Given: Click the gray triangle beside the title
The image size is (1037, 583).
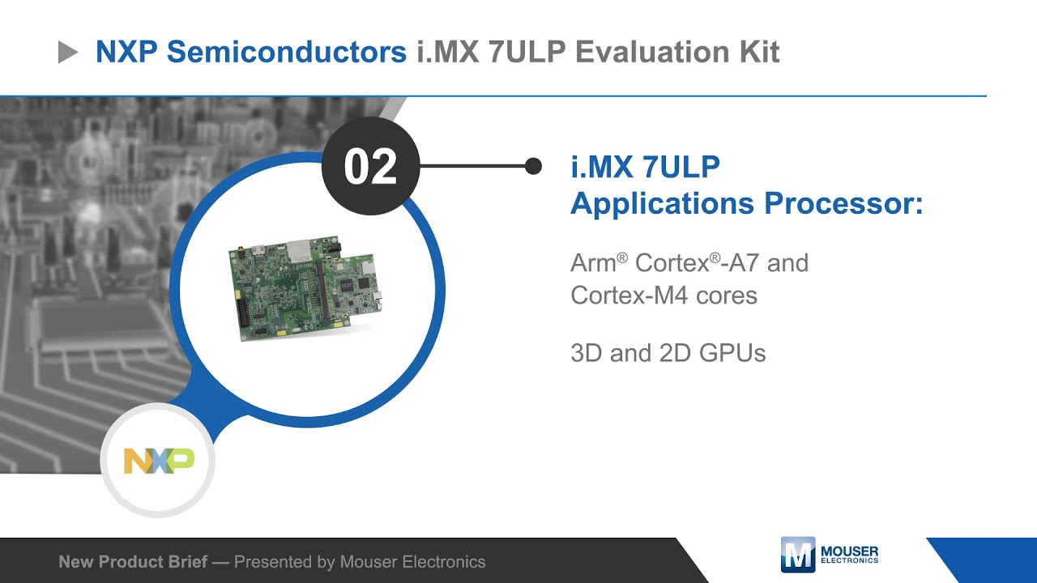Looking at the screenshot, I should pyautogui.click(x=68, y=53).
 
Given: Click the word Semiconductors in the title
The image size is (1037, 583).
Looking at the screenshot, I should pyautogui.click(x=286, y=52).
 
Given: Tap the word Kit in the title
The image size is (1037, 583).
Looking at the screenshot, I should pyautogui.click(x=759, y=52).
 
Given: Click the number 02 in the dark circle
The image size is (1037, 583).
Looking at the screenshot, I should pyautogui.click(x=370, y=167).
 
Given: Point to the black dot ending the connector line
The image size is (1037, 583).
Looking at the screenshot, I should pyautogui.click(x=533, y=166).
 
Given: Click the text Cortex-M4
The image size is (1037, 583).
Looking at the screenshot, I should pyautogui.click(x=627, y=296).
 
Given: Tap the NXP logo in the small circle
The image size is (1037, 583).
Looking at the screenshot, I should pyautogui.click(x=159, y=461).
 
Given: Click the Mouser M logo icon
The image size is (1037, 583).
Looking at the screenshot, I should pyautogui.click(x=797, y=555).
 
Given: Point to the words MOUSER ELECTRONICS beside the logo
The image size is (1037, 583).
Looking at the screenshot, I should pyautogui.click(x=849, y=555).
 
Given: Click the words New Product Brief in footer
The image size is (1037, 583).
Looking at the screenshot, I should pyautogui.click(x=133, y=562).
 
